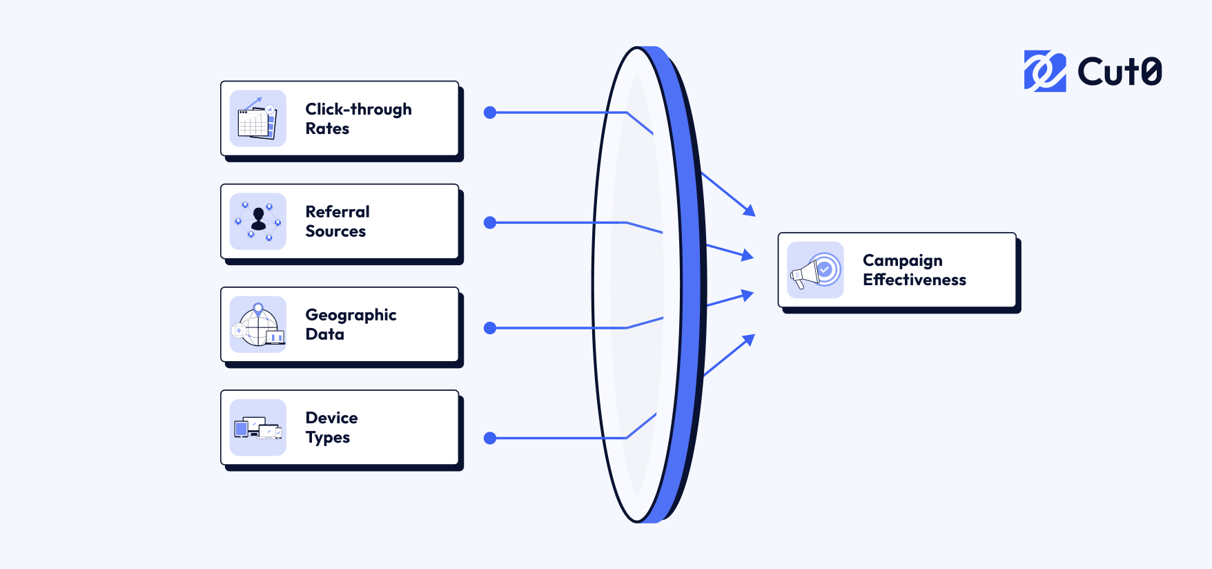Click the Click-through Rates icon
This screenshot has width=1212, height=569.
coord(257,118)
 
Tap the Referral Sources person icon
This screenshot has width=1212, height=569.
coord(257,221)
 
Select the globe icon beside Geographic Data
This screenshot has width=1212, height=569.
coord(257,325)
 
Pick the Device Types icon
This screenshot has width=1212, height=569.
coord(257,427)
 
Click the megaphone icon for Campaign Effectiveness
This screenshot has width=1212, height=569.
coord(815,270)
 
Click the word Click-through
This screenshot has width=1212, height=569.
coord(358,109)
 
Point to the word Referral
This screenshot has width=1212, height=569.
coord(338,212)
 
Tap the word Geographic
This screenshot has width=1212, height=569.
coord(351,315)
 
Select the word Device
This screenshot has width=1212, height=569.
coord(331,418)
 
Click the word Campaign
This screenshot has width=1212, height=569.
coord(902,260)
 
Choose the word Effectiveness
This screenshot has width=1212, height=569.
coord(914,280)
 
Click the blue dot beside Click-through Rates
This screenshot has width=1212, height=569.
coord(490,113)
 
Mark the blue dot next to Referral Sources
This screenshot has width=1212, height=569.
coord(490,222)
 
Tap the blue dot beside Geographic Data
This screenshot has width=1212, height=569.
coord(490,328)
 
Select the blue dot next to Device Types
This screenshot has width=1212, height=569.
coord(490,438)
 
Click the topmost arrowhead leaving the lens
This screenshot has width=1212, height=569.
coord(750,211)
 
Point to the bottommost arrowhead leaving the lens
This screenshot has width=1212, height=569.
coord(750,339)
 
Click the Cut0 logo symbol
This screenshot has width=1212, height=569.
coord(1044,70)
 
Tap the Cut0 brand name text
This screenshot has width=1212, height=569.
coord(1120,71)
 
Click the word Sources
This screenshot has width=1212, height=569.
coord(335,231)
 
